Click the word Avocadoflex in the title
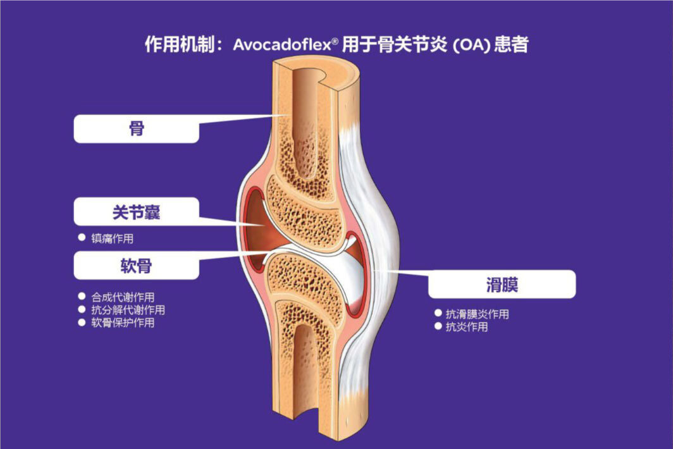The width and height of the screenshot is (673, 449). pos(287,46)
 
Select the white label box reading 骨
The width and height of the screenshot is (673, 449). pos(137,129)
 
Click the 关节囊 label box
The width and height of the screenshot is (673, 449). pos(137,212)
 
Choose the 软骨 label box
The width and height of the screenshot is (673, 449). pos(137,266)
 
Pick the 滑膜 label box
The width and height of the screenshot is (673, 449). pos(502,285)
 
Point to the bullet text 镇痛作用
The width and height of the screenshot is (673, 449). pos(113,239)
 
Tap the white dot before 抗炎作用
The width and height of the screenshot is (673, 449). pos(438,326)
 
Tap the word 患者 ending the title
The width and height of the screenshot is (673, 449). pos(513,46)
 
